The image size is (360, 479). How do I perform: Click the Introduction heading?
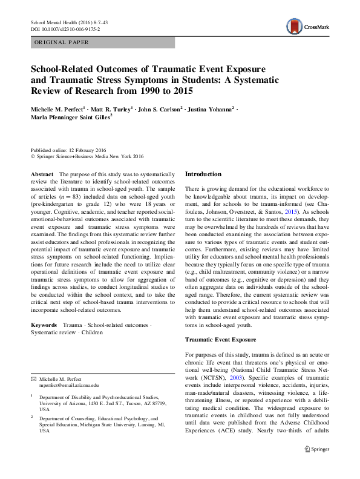pos(203,174)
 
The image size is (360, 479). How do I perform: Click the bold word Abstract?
pos(42,174)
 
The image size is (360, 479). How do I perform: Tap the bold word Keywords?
pos(44,325)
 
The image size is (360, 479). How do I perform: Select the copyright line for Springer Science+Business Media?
pos(87,156)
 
